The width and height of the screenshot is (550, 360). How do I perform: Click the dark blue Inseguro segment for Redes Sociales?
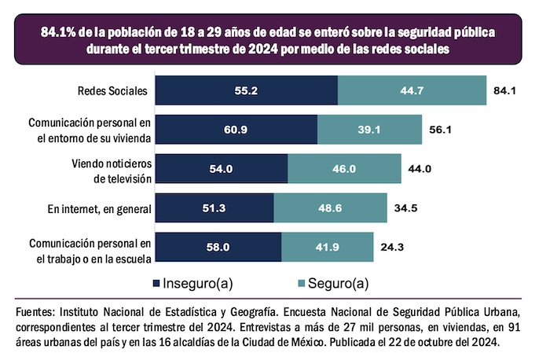click(x=246, y=90)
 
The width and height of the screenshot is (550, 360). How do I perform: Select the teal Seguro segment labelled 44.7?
click(x=412, y=90)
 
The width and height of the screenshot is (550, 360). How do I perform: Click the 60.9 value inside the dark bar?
click(x=236, y=129)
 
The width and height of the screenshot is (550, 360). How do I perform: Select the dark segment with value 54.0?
click(x=222, y=168)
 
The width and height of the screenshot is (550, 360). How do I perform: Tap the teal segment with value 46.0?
click(x=345, y=168)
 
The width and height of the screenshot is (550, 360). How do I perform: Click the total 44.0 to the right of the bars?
click(x=419, y=168)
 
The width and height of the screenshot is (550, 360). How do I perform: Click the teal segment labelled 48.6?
click(x=330, y=208)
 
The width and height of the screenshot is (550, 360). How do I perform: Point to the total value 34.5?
click(x=405, y=208)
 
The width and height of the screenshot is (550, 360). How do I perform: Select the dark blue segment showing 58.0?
click(x=218, y=246)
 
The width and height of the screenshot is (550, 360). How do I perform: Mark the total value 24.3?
click(x=392, y=246)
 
